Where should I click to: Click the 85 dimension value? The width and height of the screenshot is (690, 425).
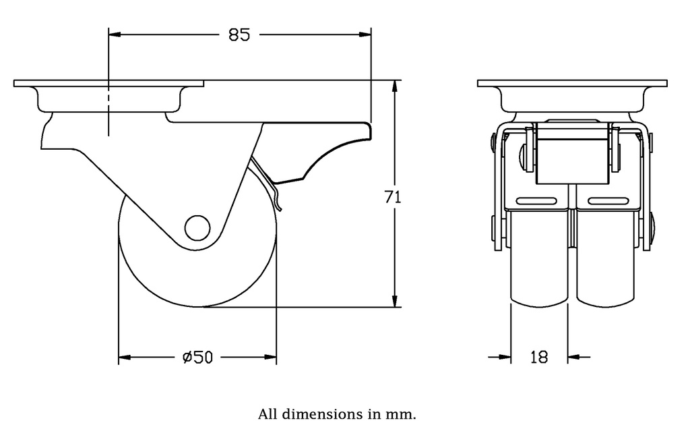click(239, 34)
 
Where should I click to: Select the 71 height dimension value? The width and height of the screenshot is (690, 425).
click(393, 197)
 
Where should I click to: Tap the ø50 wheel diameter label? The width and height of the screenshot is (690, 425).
click(197, 358)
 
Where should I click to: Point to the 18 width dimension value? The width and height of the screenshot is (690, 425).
click(539, 358)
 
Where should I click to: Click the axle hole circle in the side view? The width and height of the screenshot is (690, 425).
click(197, 227)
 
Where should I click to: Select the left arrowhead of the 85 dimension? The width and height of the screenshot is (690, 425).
click(115, 34)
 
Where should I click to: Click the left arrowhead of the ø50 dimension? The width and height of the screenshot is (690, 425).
click(125, 357)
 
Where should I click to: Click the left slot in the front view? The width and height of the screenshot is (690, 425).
click(538, 201)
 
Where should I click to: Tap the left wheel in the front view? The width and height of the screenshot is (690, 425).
click(539, 263)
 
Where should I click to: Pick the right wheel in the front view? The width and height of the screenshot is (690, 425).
click(605, 263)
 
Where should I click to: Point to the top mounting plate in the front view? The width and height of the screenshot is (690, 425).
click(572, 84)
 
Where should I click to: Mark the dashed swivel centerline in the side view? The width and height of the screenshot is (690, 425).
click(108, 108)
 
